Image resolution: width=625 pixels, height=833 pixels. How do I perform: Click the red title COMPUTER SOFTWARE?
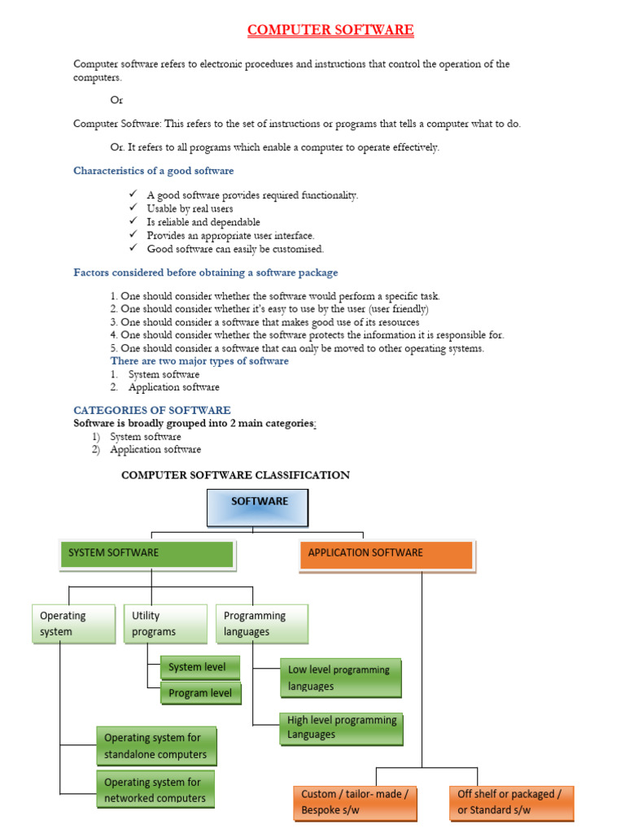pos(330,30)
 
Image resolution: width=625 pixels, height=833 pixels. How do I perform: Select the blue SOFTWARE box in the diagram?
pos(258,508)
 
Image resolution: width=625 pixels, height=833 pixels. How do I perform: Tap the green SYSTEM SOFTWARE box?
pos(146,554)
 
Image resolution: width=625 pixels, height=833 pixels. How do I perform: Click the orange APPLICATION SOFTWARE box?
pos(386,554)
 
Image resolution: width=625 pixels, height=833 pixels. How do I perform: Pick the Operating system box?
pos(72,624)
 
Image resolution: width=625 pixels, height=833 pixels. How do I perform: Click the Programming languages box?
pos(261,624)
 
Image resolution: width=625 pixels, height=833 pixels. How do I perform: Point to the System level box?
pos(199,667)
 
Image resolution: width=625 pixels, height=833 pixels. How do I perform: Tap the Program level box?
pos(199,693)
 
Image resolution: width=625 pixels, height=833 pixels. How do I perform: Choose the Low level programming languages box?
pos(339,678)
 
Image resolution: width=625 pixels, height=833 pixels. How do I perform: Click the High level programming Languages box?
pos(339,727)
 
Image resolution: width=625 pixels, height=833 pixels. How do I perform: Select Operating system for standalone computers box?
pos(155,746)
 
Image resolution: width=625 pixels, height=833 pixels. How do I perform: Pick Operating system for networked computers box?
pos(155,789)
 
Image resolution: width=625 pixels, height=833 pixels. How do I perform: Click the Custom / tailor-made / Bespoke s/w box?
pos(354,802)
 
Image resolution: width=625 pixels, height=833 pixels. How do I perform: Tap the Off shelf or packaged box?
pos(510,802)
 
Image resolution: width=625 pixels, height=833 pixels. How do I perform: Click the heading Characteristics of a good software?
pos(154,170)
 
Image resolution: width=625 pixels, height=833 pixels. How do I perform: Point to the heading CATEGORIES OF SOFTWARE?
pos(152,410)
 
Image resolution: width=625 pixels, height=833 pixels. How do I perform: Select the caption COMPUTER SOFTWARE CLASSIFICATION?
pos(235,475)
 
